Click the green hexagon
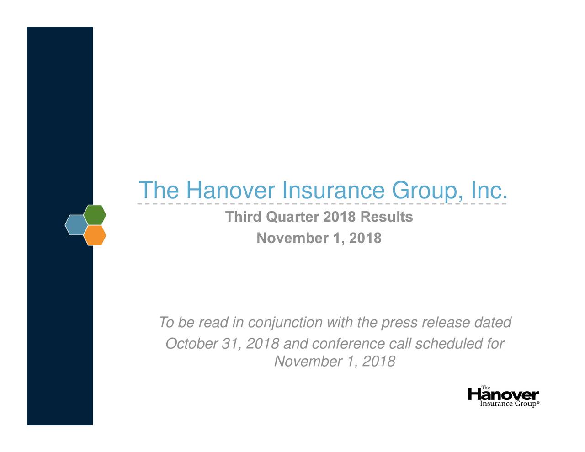[x=95, y=215]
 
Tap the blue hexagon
[x=76, y=225]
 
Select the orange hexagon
[x=95, y=235]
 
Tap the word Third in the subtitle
[x=244, y=217]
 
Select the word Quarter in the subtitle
[x=292, y=217]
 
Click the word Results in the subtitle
[x=386, y=217]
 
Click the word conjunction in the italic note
[x=284, y=323]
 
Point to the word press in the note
[x=399, y=323]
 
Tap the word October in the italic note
[x=191, y=344]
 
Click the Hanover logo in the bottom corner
[x=504, y=397]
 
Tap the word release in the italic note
[x=447, y=323]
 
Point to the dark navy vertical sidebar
[x=59, y=114]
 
